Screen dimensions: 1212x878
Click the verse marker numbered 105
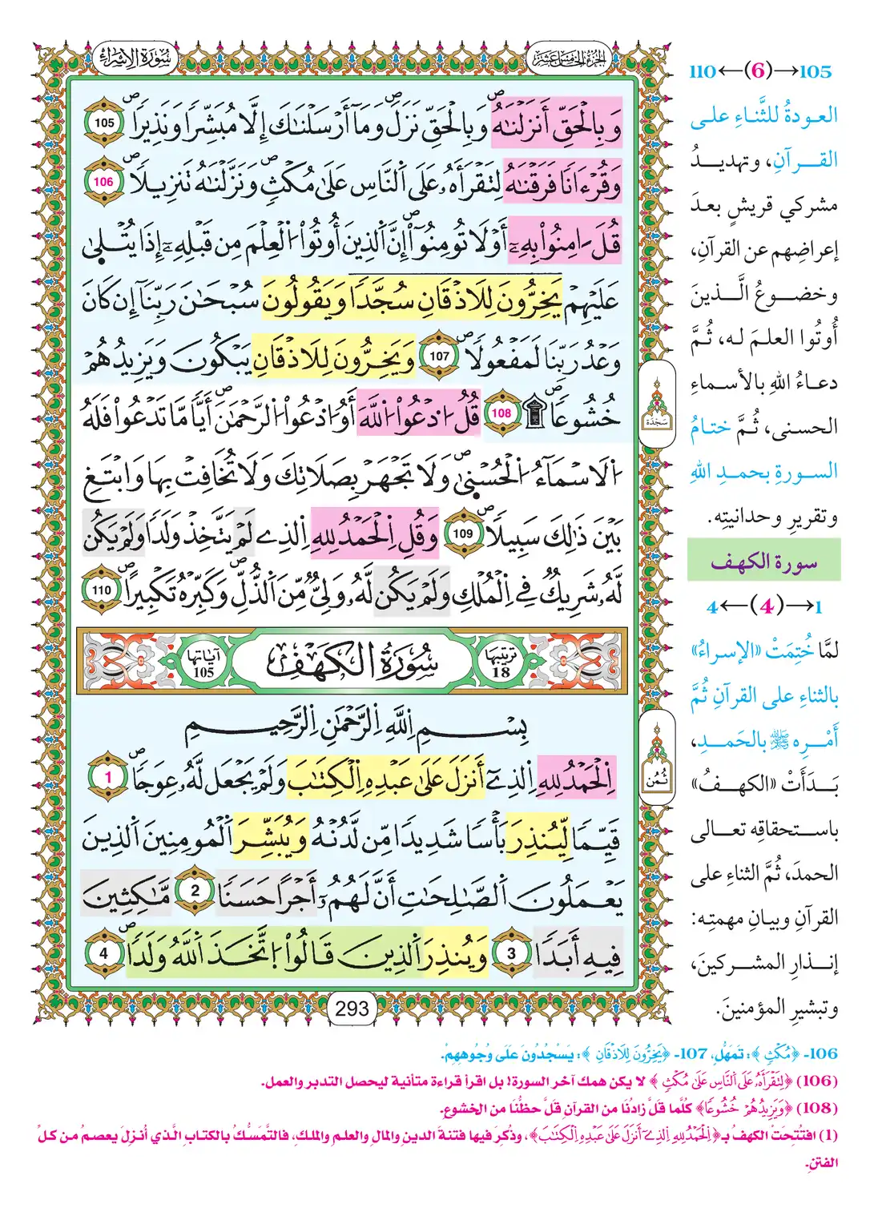[104, 123]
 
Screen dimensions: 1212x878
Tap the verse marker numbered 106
[103, 182]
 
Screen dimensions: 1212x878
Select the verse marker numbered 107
[440, 356]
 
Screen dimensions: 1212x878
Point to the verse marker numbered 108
[501, 413]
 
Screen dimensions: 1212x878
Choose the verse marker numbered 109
[463, 534]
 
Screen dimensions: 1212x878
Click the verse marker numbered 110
[102, 591]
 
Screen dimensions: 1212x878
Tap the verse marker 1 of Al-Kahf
[109, 776]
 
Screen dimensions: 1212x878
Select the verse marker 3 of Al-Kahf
[512, 953]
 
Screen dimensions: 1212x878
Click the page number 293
[352, 1008]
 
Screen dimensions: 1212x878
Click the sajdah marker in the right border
[657, 403]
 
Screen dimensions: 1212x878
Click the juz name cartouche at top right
[570, 57]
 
